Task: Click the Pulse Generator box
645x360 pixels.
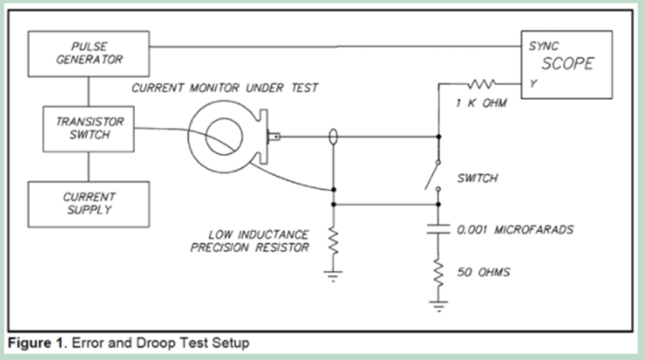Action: (89, 52)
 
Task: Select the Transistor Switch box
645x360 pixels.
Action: (89, 129)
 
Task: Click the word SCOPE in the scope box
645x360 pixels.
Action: (567, 63)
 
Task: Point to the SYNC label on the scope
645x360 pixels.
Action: (543, 46)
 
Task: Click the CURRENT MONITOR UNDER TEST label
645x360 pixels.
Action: (224, 88)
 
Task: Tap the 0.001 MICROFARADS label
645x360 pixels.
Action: (515, 230)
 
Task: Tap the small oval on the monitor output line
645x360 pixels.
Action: (333, 137)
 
